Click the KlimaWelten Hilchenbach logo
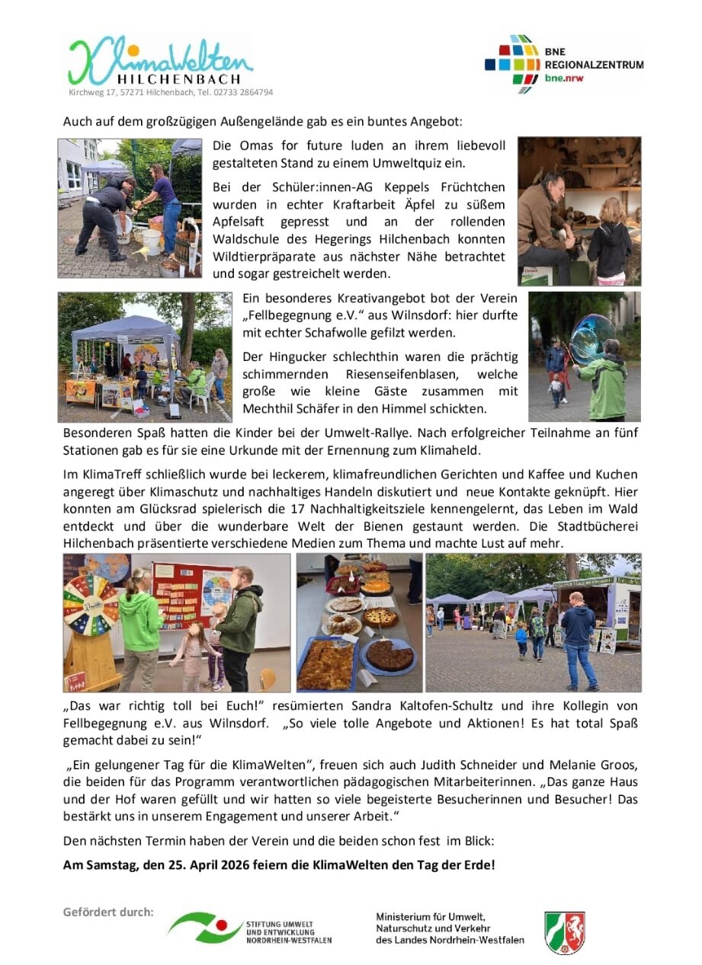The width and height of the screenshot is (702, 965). [x=159, y=61]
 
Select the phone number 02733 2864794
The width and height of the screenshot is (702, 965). [x=240, y=92]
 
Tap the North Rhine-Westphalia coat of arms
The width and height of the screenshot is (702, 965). [x=565, y=931]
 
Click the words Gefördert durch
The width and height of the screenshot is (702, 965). [x=108, y=912]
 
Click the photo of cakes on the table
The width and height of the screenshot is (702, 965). [x=358, y=622]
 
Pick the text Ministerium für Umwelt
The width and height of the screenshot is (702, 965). [x=430, y=916]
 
